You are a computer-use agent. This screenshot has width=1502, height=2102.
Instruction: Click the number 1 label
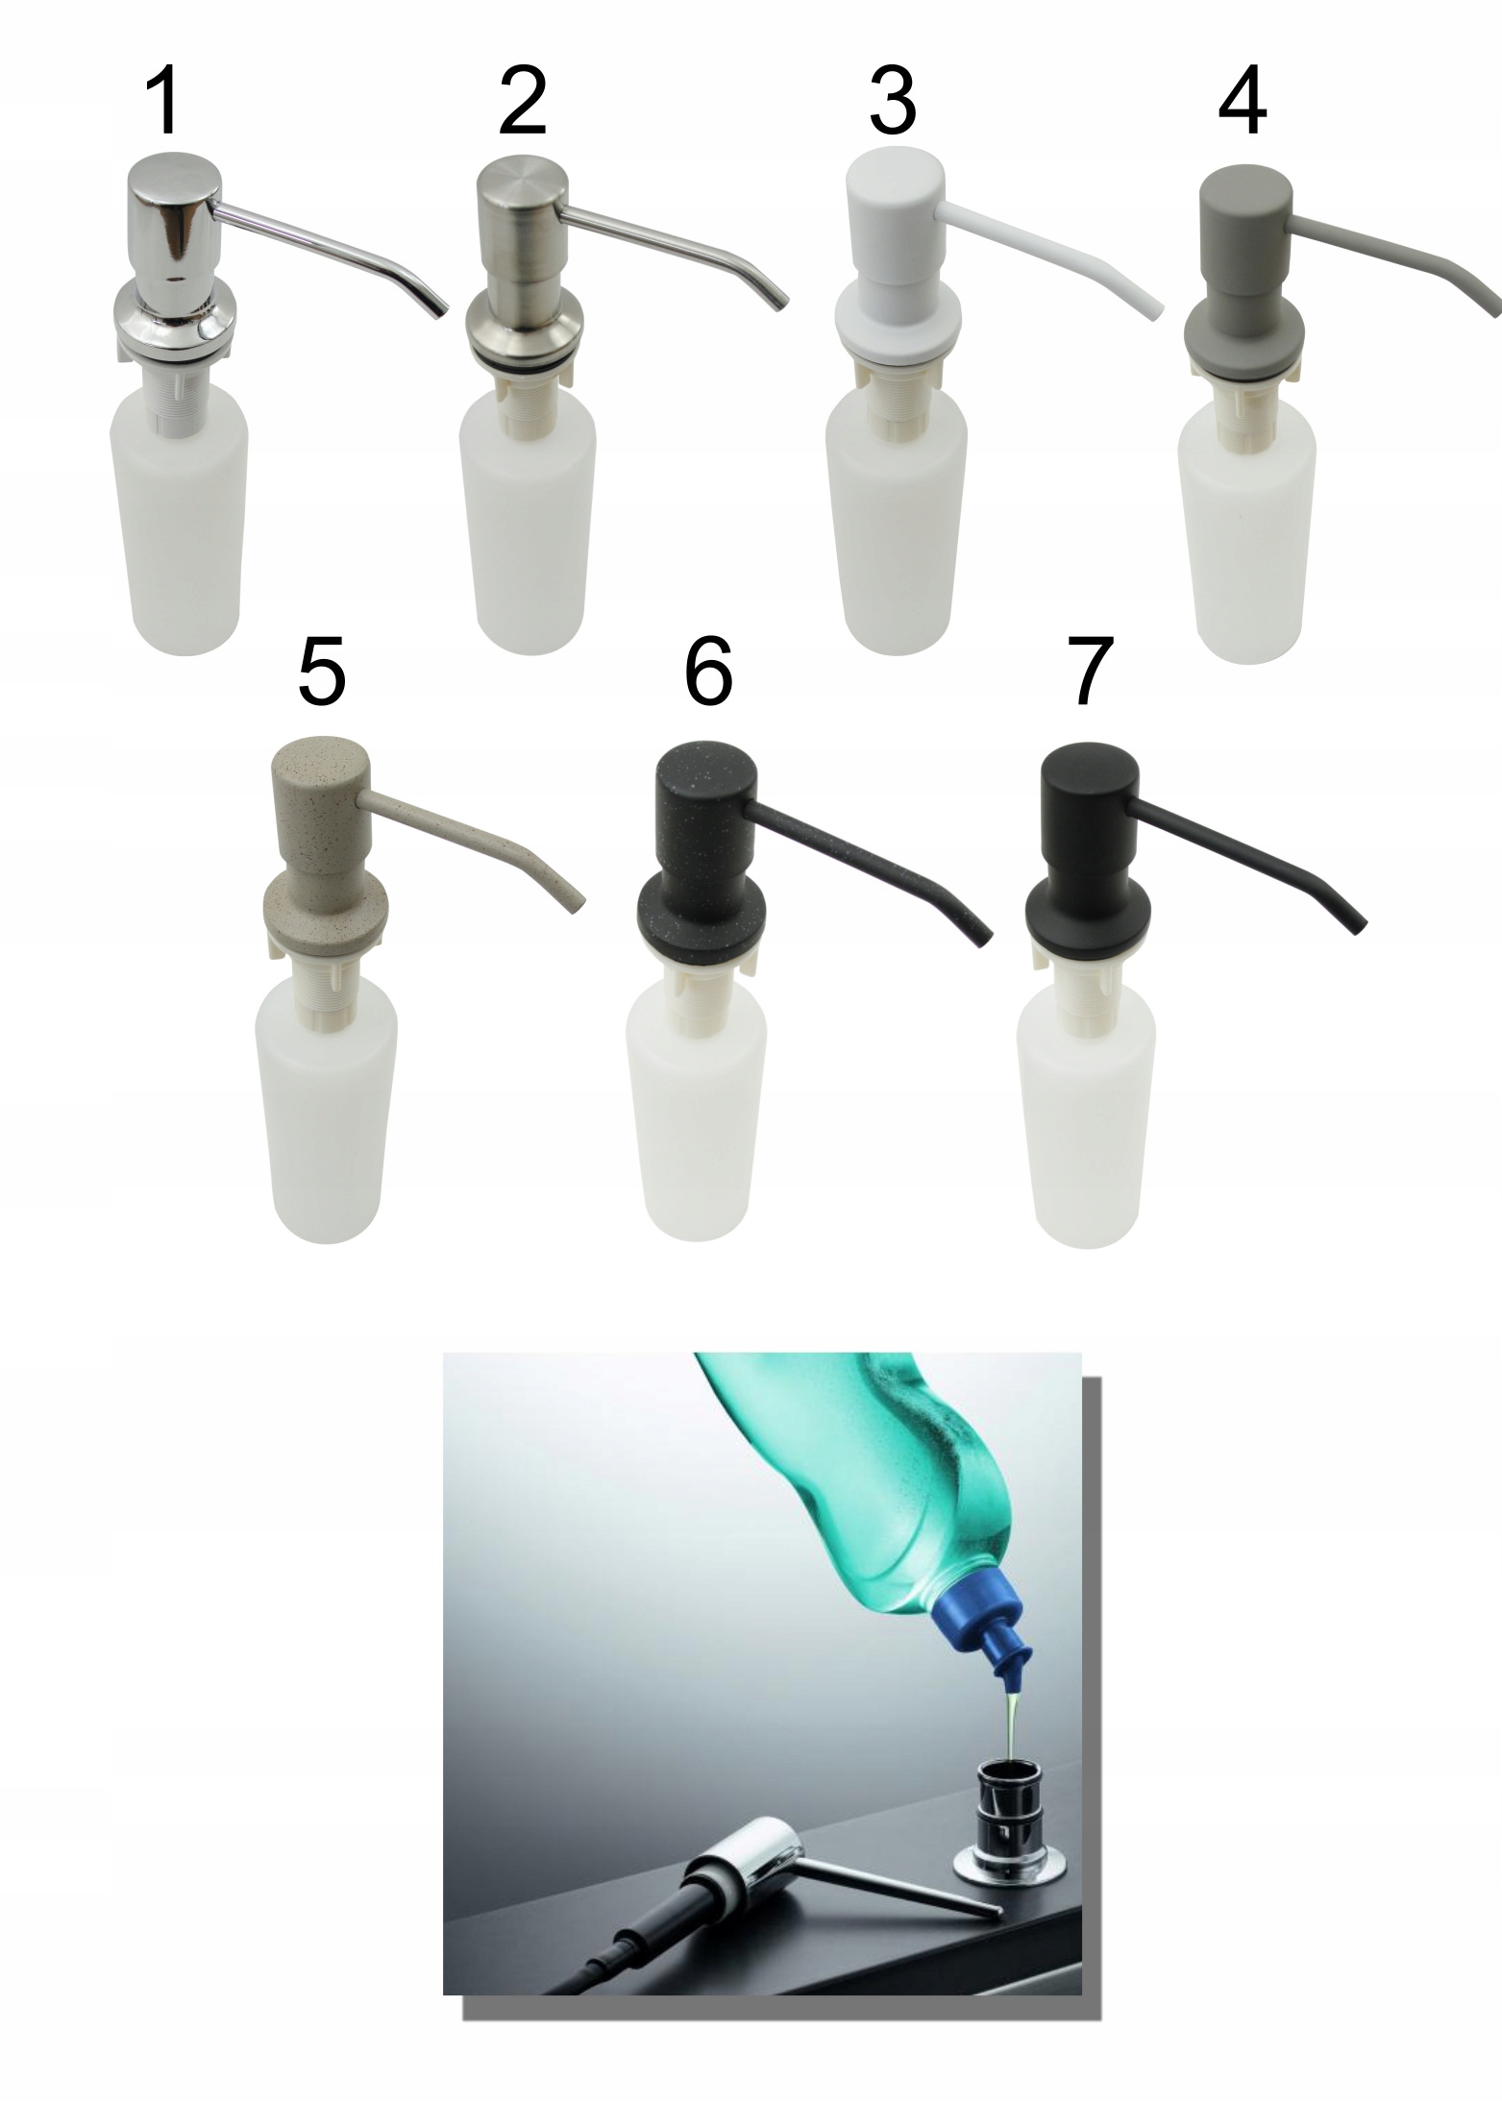coord(164,102)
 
